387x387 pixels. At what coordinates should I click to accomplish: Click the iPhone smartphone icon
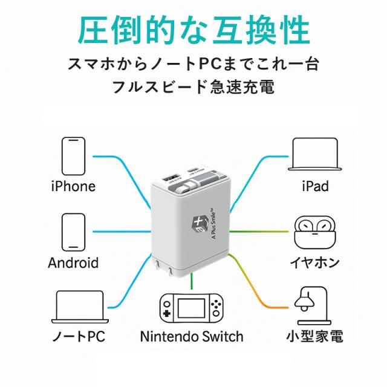pos(73,156)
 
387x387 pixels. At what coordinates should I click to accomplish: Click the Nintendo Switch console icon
pos(190,310)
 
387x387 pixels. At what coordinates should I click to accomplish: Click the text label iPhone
pos(73,186)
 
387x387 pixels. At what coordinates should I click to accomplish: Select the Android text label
pos(73,263)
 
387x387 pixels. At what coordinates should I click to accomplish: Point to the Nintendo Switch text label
pos(191,336)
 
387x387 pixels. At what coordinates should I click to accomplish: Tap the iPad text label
pos(314,186)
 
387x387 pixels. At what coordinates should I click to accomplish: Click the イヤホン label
pos(314,263)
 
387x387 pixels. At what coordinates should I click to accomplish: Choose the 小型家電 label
pos(314,336)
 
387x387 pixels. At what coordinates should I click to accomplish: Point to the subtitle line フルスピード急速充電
pos(193,87)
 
